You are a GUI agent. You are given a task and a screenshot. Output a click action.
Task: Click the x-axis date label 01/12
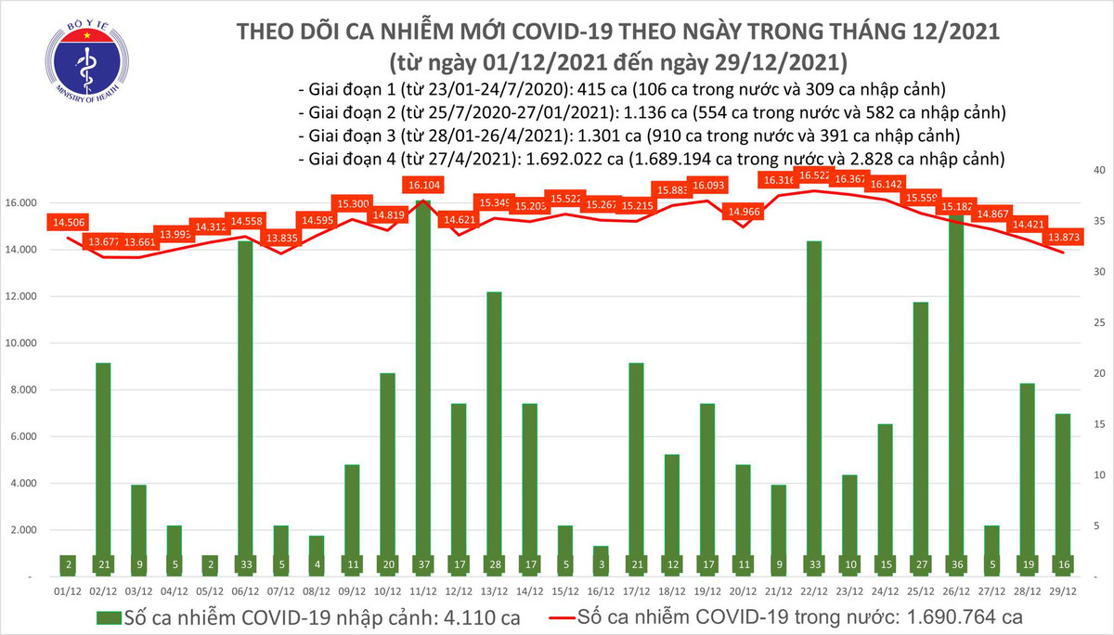[x=69, y=588]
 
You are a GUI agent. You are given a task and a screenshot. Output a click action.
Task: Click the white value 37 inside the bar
[x=423, y=563]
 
